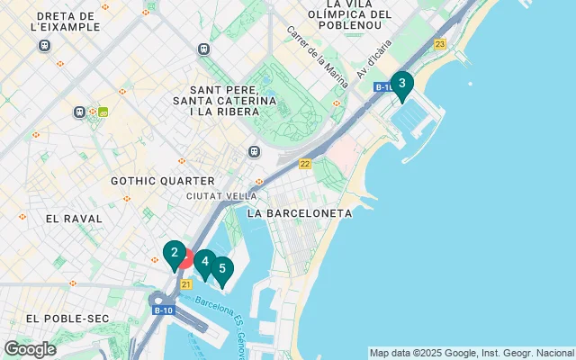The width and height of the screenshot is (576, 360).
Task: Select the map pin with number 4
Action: [x=205, y=263]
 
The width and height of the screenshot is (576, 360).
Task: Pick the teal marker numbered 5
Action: [x=221, y=269]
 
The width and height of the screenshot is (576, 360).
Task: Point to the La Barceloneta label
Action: [x=299, y=213]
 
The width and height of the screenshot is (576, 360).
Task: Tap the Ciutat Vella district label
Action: [x=221, y=196]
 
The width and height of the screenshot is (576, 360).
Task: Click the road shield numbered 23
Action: [x=439, y=44]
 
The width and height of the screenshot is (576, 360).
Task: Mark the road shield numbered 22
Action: [x=305, y=164]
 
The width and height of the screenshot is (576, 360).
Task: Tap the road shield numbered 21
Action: [x=185, y=284]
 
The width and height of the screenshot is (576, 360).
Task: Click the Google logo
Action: [x=30, y=349]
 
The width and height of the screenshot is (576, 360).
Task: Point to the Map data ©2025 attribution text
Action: [x=472, y=352]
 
